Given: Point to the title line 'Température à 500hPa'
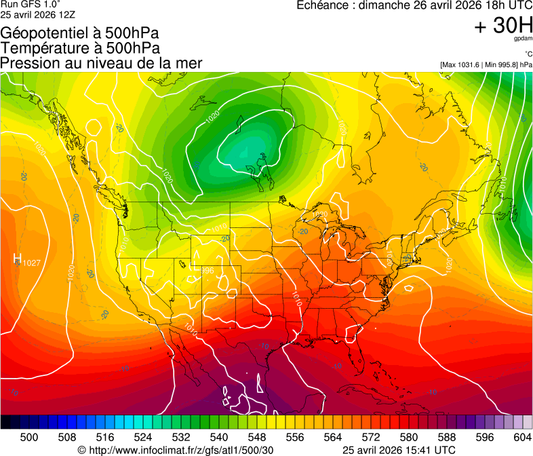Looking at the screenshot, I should [80, 48].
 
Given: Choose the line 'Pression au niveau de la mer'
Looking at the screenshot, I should [101, 63].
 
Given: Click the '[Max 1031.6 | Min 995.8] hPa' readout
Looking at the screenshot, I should [486, 64].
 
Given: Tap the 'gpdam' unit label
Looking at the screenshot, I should [523, 39].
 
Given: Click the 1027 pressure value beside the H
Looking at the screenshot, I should [32, 263].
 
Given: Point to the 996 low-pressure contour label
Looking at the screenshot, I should [207, 271].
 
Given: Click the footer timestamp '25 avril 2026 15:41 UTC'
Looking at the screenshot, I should [399, 450].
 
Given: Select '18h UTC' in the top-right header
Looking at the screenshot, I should [504, 5].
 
